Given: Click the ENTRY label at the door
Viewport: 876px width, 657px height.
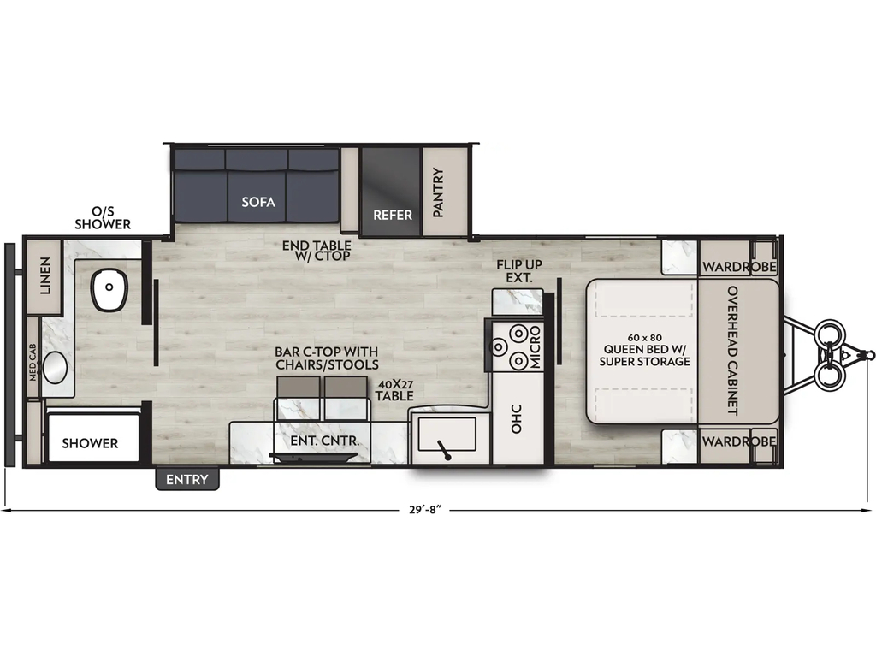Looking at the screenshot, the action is click(x=187, y=479).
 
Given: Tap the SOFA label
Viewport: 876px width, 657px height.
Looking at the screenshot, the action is click(x=258, y=202).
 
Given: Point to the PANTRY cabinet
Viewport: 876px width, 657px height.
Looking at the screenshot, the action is click(x=444, y=191).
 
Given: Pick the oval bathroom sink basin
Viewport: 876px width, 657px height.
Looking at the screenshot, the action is click(x=56, y=368).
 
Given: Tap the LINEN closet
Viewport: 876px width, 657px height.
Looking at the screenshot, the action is click(x=44, y=276).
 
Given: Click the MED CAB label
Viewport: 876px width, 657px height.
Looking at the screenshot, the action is click(x=33, y=362).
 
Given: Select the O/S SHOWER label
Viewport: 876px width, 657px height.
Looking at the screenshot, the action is click(x=103, y=218).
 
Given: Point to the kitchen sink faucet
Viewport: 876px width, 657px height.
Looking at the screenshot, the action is click(x=444, y=450).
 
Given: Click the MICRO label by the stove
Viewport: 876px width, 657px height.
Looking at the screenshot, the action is click(x=536, y=347).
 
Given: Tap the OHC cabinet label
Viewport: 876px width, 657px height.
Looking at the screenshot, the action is click(x=516, y=419).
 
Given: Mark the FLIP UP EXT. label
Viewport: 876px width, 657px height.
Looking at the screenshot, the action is click(x=519, y=271).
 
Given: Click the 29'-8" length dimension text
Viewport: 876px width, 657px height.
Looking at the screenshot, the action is click(x=425, y=510).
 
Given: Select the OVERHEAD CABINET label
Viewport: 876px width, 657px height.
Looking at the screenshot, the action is click(x=732, y=350).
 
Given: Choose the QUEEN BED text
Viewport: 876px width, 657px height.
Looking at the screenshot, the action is click(x=644, y=349).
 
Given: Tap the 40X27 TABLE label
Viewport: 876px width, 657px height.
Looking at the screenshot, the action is click(x=394, y=390).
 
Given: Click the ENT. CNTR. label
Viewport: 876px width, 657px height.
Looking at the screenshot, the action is click(x=324, y=441).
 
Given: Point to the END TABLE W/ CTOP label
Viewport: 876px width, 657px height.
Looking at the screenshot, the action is click(x=317, y=251).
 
